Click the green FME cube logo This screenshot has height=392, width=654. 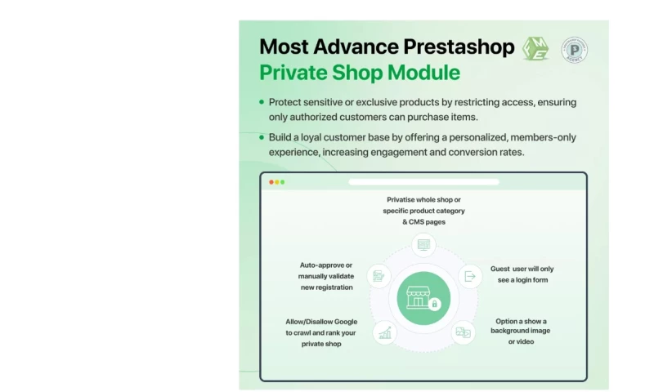tap(535, 48)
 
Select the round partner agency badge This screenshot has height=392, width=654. tap(575, 49)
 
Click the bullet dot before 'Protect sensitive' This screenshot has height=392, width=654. tap(262, 102)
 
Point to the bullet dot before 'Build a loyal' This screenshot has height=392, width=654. tap(262, 137)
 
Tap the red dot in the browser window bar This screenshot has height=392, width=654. tap(271, 182)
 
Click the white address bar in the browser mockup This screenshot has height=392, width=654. tap(423, 182)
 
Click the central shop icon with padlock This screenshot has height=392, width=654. tap(423, 297)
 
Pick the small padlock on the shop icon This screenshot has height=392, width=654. tap(434, 305)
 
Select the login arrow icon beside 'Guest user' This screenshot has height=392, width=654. tap(470, 276)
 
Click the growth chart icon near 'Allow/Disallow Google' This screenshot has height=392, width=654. tap(384, 332)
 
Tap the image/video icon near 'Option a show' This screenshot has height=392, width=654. tap(463, 332)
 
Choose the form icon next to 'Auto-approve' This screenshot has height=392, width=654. tap(379, 276)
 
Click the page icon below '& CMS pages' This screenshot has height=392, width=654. tap(423, 243)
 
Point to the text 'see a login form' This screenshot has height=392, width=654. tap(522, 280)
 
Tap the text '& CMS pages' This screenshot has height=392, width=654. tap(423, 222)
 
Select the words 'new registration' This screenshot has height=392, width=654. tap(325, 287)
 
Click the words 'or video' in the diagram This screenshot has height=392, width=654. tap(521, 342)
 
